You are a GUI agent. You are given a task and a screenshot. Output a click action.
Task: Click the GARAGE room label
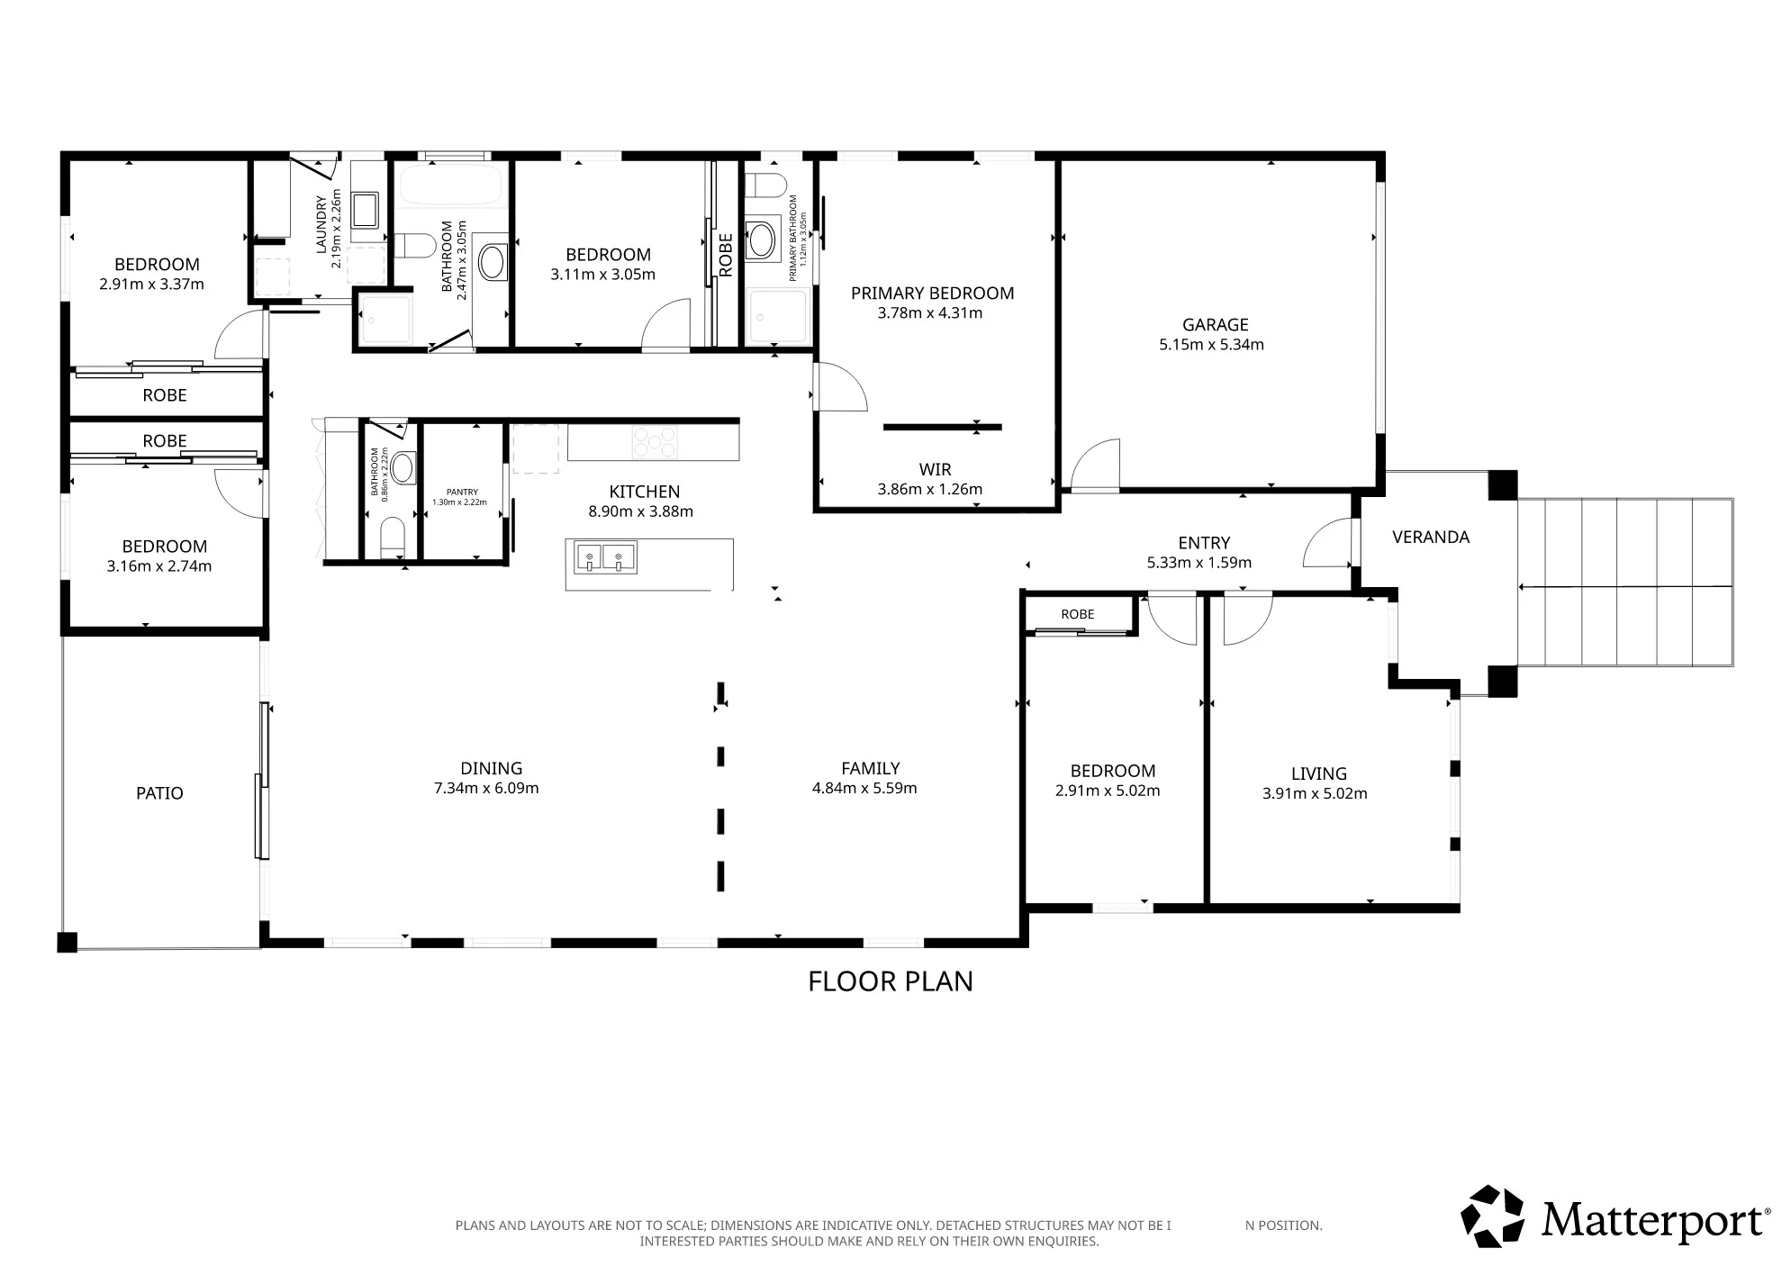[x=1215, y=324]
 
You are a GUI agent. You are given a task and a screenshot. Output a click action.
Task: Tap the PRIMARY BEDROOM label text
[x=932, y=293]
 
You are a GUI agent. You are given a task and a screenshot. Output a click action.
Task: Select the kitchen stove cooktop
[x=655, y=442]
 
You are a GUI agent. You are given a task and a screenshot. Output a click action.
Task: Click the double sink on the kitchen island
[x=605, y=557]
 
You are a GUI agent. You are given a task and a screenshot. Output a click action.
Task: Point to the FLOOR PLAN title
[x=891, y=981]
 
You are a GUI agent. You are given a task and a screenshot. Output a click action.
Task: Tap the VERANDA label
[x=1430, y=537]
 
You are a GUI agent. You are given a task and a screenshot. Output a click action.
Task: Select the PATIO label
[x=159, y=793]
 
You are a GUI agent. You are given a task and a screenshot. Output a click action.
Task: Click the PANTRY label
[x=462, y=492]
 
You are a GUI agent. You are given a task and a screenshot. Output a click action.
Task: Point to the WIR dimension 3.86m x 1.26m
[x=929, y=490]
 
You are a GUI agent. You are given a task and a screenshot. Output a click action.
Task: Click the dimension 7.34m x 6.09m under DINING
[x=486, y=788]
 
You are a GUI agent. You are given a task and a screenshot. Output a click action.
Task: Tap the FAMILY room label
[x=870, y=768]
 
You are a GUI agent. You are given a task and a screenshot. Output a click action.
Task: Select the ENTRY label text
[x=1204, y=543]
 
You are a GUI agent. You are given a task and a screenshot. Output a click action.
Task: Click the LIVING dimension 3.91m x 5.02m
[x=1315, y=793]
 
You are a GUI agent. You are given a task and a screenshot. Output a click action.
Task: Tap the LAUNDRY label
[x=321, y=224]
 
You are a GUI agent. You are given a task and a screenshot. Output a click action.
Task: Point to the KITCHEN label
[x=644, y=492]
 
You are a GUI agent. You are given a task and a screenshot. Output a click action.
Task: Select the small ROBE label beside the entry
[x=1077, y=614]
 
